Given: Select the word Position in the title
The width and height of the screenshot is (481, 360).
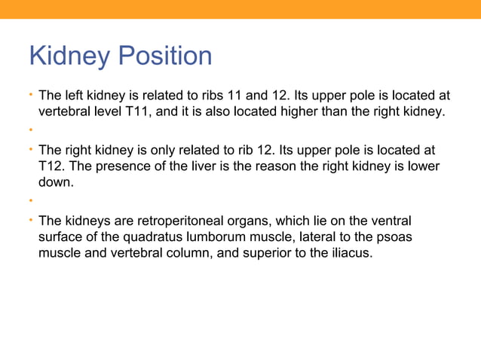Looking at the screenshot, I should click(167, 56).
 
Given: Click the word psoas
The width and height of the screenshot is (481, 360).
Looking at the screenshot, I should click(397, 237).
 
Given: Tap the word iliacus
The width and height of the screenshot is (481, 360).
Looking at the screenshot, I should click(350, 254).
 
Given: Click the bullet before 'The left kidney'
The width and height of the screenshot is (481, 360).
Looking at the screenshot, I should click(31, 96).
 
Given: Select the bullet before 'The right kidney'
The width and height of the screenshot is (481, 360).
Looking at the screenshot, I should click(31, 149).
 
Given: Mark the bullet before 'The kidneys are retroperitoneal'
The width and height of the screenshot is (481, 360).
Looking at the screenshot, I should click(31, 221).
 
